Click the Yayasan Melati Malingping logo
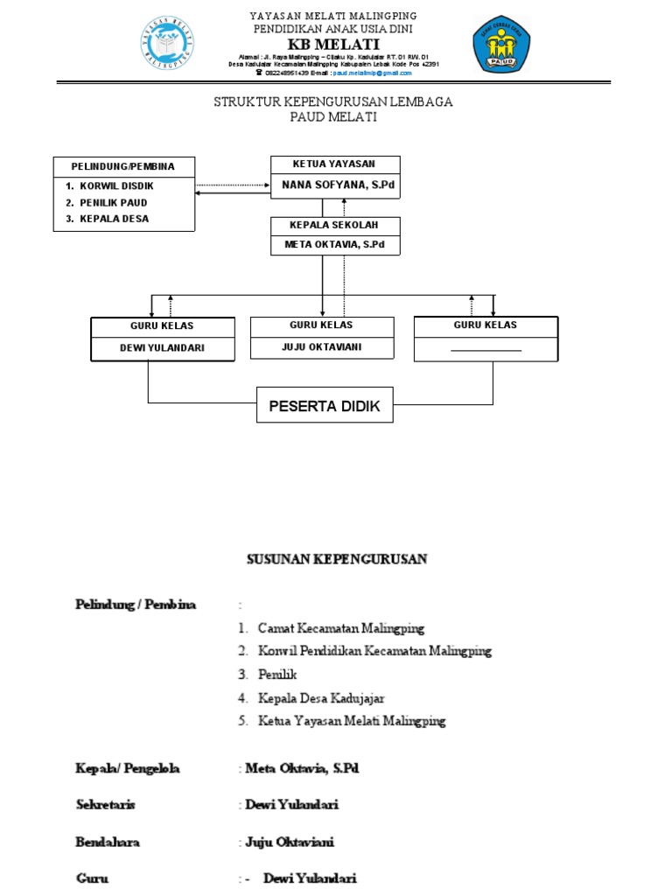pyautogui.click(x=166, y=44)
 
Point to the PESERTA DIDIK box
pyautogui.click(x=325, y=405)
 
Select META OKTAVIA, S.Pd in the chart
pyautogui.click(x=334, y=244)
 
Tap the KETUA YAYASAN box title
pyautogui.click(x=334, y=164)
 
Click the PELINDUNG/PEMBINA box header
pyautogui.click(x=122, y=166)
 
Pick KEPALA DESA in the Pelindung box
pyautogui.click(x=115, y=219)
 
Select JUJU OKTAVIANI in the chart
pyautogui.click(x=321, y=346)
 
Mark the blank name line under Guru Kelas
pyautogui.click(x=486, y=349)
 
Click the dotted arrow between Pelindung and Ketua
pyautogui.click(x=232, y=185)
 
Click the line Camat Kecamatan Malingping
pyautogui.click(x=341, y=628)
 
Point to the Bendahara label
pyautogui.click(x=108, y=843)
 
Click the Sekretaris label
pyautogui.click(x=105, y=805)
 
